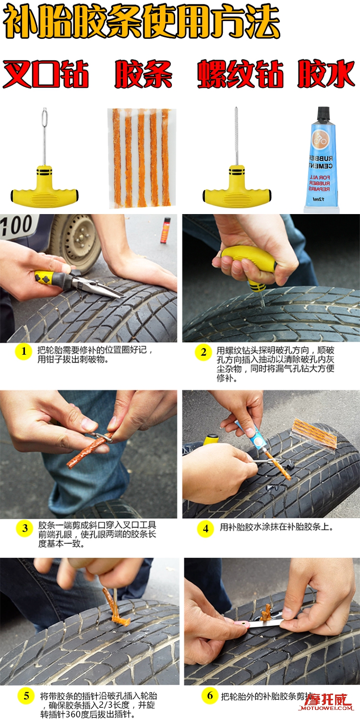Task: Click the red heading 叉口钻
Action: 46,74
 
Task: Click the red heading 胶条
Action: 143,74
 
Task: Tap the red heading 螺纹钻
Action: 240,74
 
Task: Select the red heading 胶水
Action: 326,74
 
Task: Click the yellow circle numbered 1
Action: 23,352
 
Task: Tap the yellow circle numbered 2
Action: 203,352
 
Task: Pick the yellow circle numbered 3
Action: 24,529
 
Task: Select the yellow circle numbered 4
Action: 205,528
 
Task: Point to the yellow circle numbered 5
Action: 25,696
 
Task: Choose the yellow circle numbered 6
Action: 210,696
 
